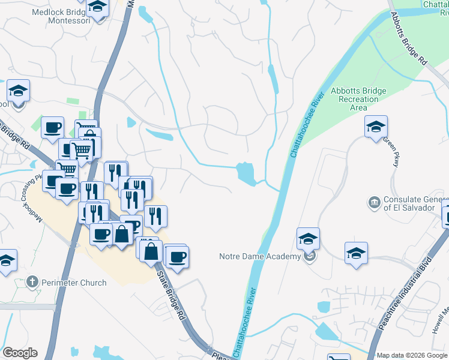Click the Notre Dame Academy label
(x=260, y=257)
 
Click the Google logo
(x=20, y=353)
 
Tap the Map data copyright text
(x=412, y=355)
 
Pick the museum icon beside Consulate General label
(x=374, y=203)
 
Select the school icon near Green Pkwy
(x=376, y=127)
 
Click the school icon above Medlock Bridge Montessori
(x=97, y=6)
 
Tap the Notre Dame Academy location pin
(x=310, y=257)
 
